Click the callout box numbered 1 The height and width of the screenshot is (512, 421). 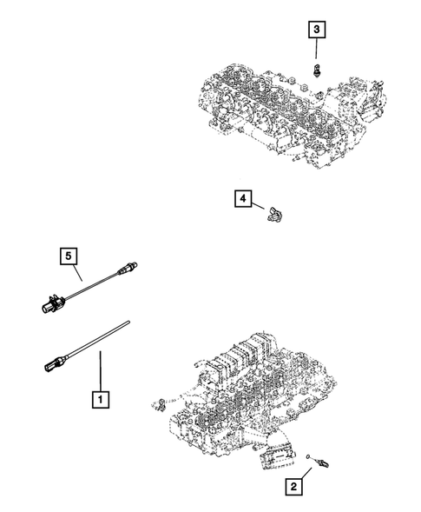(102, 401)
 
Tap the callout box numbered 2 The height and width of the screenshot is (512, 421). (298, 489)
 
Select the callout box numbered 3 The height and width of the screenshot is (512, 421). (319, 31)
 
